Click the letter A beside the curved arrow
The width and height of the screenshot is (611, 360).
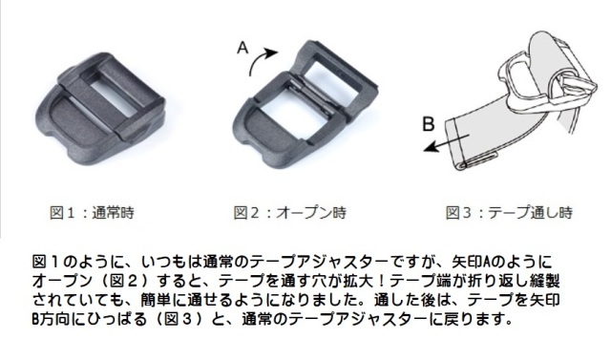click(242, 45)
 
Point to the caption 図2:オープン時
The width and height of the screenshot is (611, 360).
click(286, 211)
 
